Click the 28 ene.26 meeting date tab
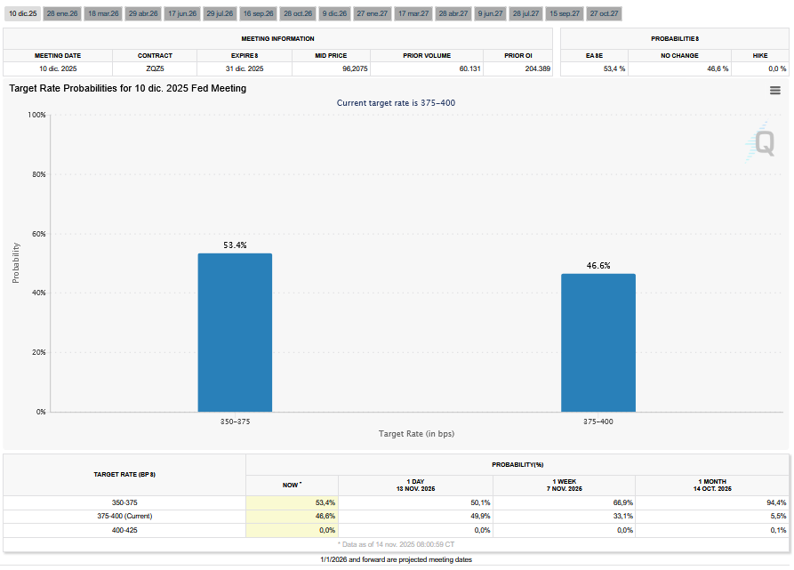point(63,14)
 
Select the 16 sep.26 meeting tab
point(260,14)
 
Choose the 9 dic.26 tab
point(335,14)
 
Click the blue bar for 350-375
point(235,333)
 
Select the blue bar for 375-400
point(598,342)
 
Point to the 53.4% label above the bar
point(235,245)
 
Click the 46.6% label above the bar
point(598,265)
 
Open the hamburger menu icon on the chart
point(775,90)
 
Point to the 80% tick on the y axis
point(36,174)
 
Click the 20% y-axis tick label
point(36,352)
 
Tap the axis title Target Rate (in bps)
point(416,433)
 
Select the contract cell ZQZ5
point(155,68)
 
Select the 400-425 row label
point(124,530)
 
